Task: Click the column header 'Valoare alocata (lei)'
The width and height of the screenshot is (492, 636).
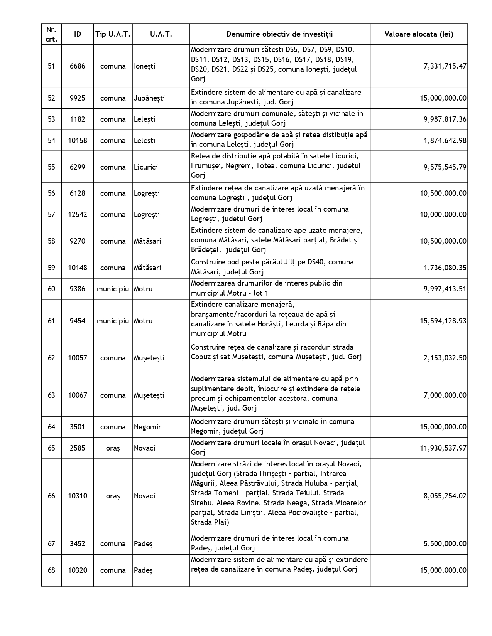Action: pos(419,34)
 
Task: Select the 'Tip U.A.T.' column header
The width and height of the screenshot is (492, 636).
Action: pos(113,34)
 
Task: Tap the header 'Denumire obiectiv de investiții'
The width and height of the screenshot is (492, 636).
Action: pos(279,34)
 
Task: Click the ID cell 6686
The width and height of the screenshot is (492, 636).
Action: pos(78,66)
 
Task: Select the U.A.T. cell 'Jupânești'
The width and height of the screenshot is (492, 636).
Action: pos(149,98)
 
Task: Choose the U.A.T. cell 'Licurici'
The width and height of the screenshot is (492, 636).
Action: pos(147,167)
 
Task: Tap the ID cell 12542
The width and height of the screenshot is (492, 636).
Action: pos(78,214)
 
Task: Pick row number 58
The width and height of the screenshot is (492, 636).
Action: pos(51,241)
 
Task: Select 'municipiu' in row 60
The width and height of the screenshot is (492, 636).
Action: pos(113,289)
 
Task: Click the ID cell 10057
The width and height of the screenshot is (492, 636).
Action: pos(78,358)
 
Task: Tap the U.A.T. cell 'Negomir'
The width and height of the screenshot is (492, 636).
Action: pos(147,427)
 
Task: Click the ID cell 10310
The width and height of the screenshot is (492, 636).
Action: pos(78,496)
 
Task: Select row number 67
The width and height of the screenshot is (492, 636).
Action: pos(51,543)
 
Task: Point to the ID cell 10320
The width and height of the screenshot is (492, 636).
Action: pos(78,570)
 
